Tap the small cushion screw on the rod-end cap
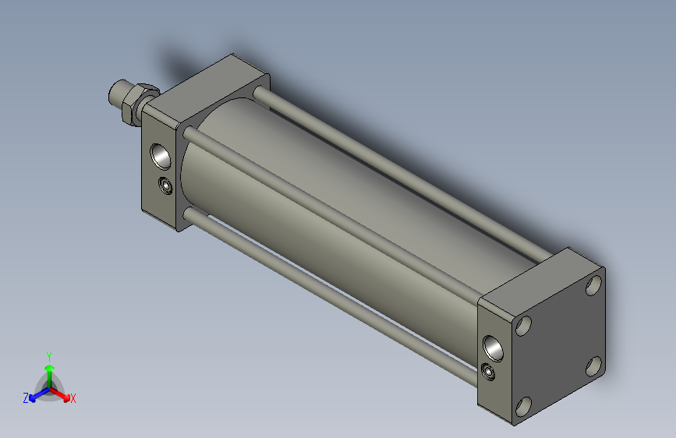(x=165, y=185)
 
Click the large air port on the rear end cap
(x=494, y=344)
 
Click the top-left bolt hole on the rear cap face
(x=523, y=325)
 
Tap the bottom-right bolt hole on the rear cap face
(x=593, y=365)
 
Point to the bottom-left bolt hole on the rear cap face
(x=523, y=405)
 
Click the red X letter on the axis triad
(x=73, y=399)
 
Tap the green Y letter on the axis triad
(x=49, y=355)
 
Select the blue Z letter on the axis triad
(x=26, y=398)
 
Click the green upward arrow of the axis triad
(x=49, y=369)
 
